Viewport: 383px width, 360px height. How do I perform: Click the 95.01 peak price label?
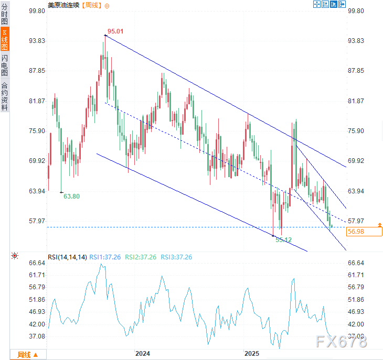pos(115,31)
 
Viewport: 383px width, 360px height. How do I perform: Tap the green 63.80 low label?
pos(71,197)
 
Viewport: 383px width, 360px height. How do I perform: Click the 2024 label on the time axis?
pos(142,354)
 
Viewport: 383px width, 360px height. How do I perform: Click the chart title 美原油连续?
pos(64,5)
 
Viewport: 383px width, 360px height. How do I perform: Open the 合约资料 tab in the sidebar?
pos(5,96)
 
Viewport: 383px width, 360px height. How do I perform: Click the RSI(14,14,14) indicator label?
pos(67,257)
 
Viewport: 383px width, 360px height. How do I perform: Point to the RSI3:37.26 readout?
pos(176,257)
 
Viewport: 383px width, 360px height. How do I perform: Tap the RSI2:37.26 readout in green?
pos(143,257)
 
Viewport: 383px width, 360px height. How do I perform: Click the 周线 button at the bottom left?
pos(27,355)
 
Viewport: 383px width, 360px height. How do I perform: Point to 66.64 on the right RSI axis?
pos(356,263)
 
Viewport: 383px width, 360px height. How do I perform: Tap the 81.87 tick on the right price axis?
pos(356,101)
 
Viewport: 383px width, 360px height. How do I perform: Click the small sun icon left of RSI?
pos(15,256)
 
